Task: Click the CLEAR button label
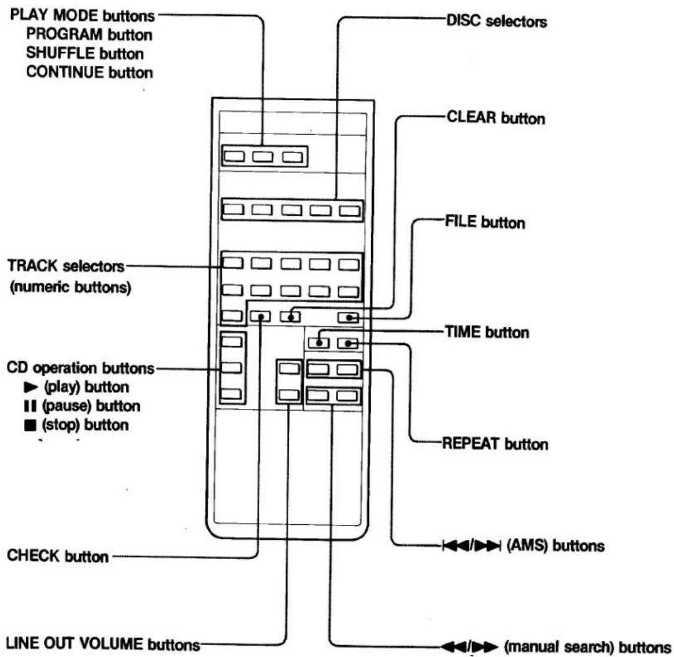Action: coord(495,118)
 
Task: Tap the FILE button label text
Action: coord(485,222)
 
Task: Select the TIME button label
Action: coord(487,332)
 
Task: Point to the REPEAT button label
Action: coord(495,444)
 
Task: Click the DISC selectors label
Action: coord(497,20)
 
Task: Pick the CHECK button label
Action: coord(58,555)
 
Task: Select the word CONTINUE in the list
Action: coord(65,72)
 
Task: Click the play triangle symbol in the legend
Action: coord(31,387)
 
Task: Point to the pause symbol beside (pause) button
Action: coord(30,406)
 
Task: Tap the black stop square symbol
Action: coord(30,425)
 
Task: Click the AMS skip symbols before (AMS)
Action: coord(471,545)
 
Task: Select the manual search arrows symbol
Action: coord(469,646)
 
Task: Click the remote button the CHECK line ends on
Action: coord(260,317)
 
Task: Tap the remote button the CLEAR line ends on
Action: coord(291,317)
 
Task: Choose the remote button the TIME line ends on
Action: coord(319,342)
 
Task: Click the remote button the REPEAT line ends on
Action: coord(348,343)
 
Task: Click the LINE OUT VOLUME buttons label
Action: coord(103,644)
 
